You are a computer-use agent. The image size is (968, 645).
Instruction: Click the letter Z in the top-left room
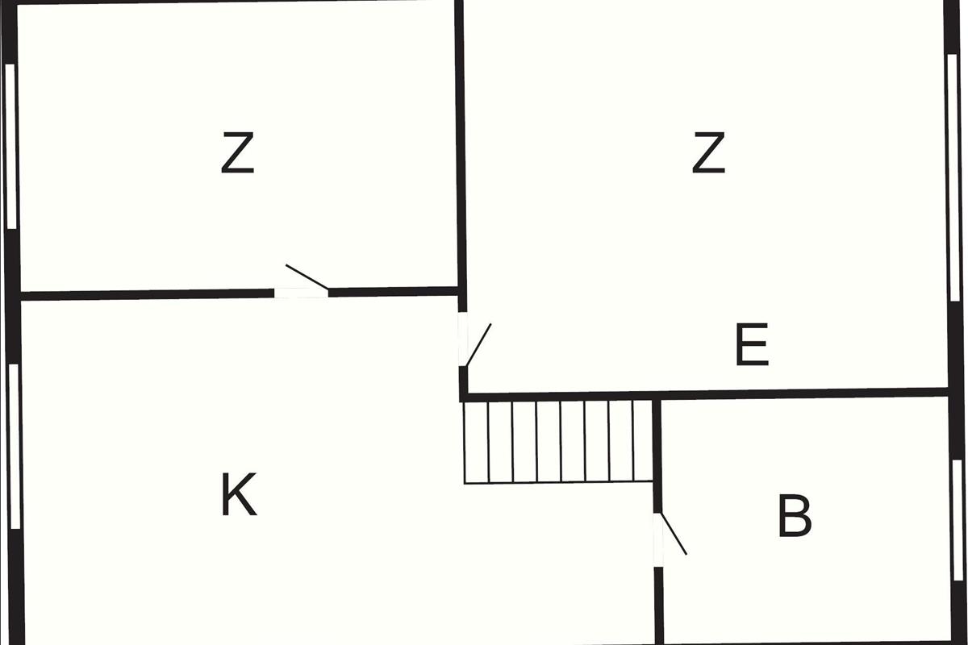237,155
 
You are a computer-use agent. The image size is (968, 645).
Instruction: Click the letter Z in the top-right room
708,154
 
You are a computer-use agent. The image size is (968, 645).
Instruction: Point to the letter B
795,518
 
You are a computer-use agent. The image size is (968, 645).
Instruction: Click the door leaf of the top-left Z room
307,277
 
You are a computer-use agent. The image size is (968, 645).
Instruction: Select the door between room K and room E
478,344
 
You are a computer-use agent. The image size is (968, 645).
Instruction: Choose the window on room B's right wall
957,508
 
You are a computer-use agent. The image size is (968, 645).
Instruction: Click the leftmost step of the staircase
476,441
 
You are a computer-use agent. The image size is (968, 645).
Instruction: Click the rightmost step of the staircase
642,441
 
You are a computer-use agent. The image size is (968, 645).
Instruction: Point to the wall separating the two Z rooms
461,145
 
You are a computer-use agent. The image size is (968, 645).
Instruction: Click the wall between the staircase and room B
657,451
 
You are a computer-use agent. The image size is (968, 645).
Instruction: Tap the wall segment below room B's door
659,605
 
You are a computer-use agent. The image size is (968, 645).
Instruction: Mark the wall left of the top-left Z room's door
145,294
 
